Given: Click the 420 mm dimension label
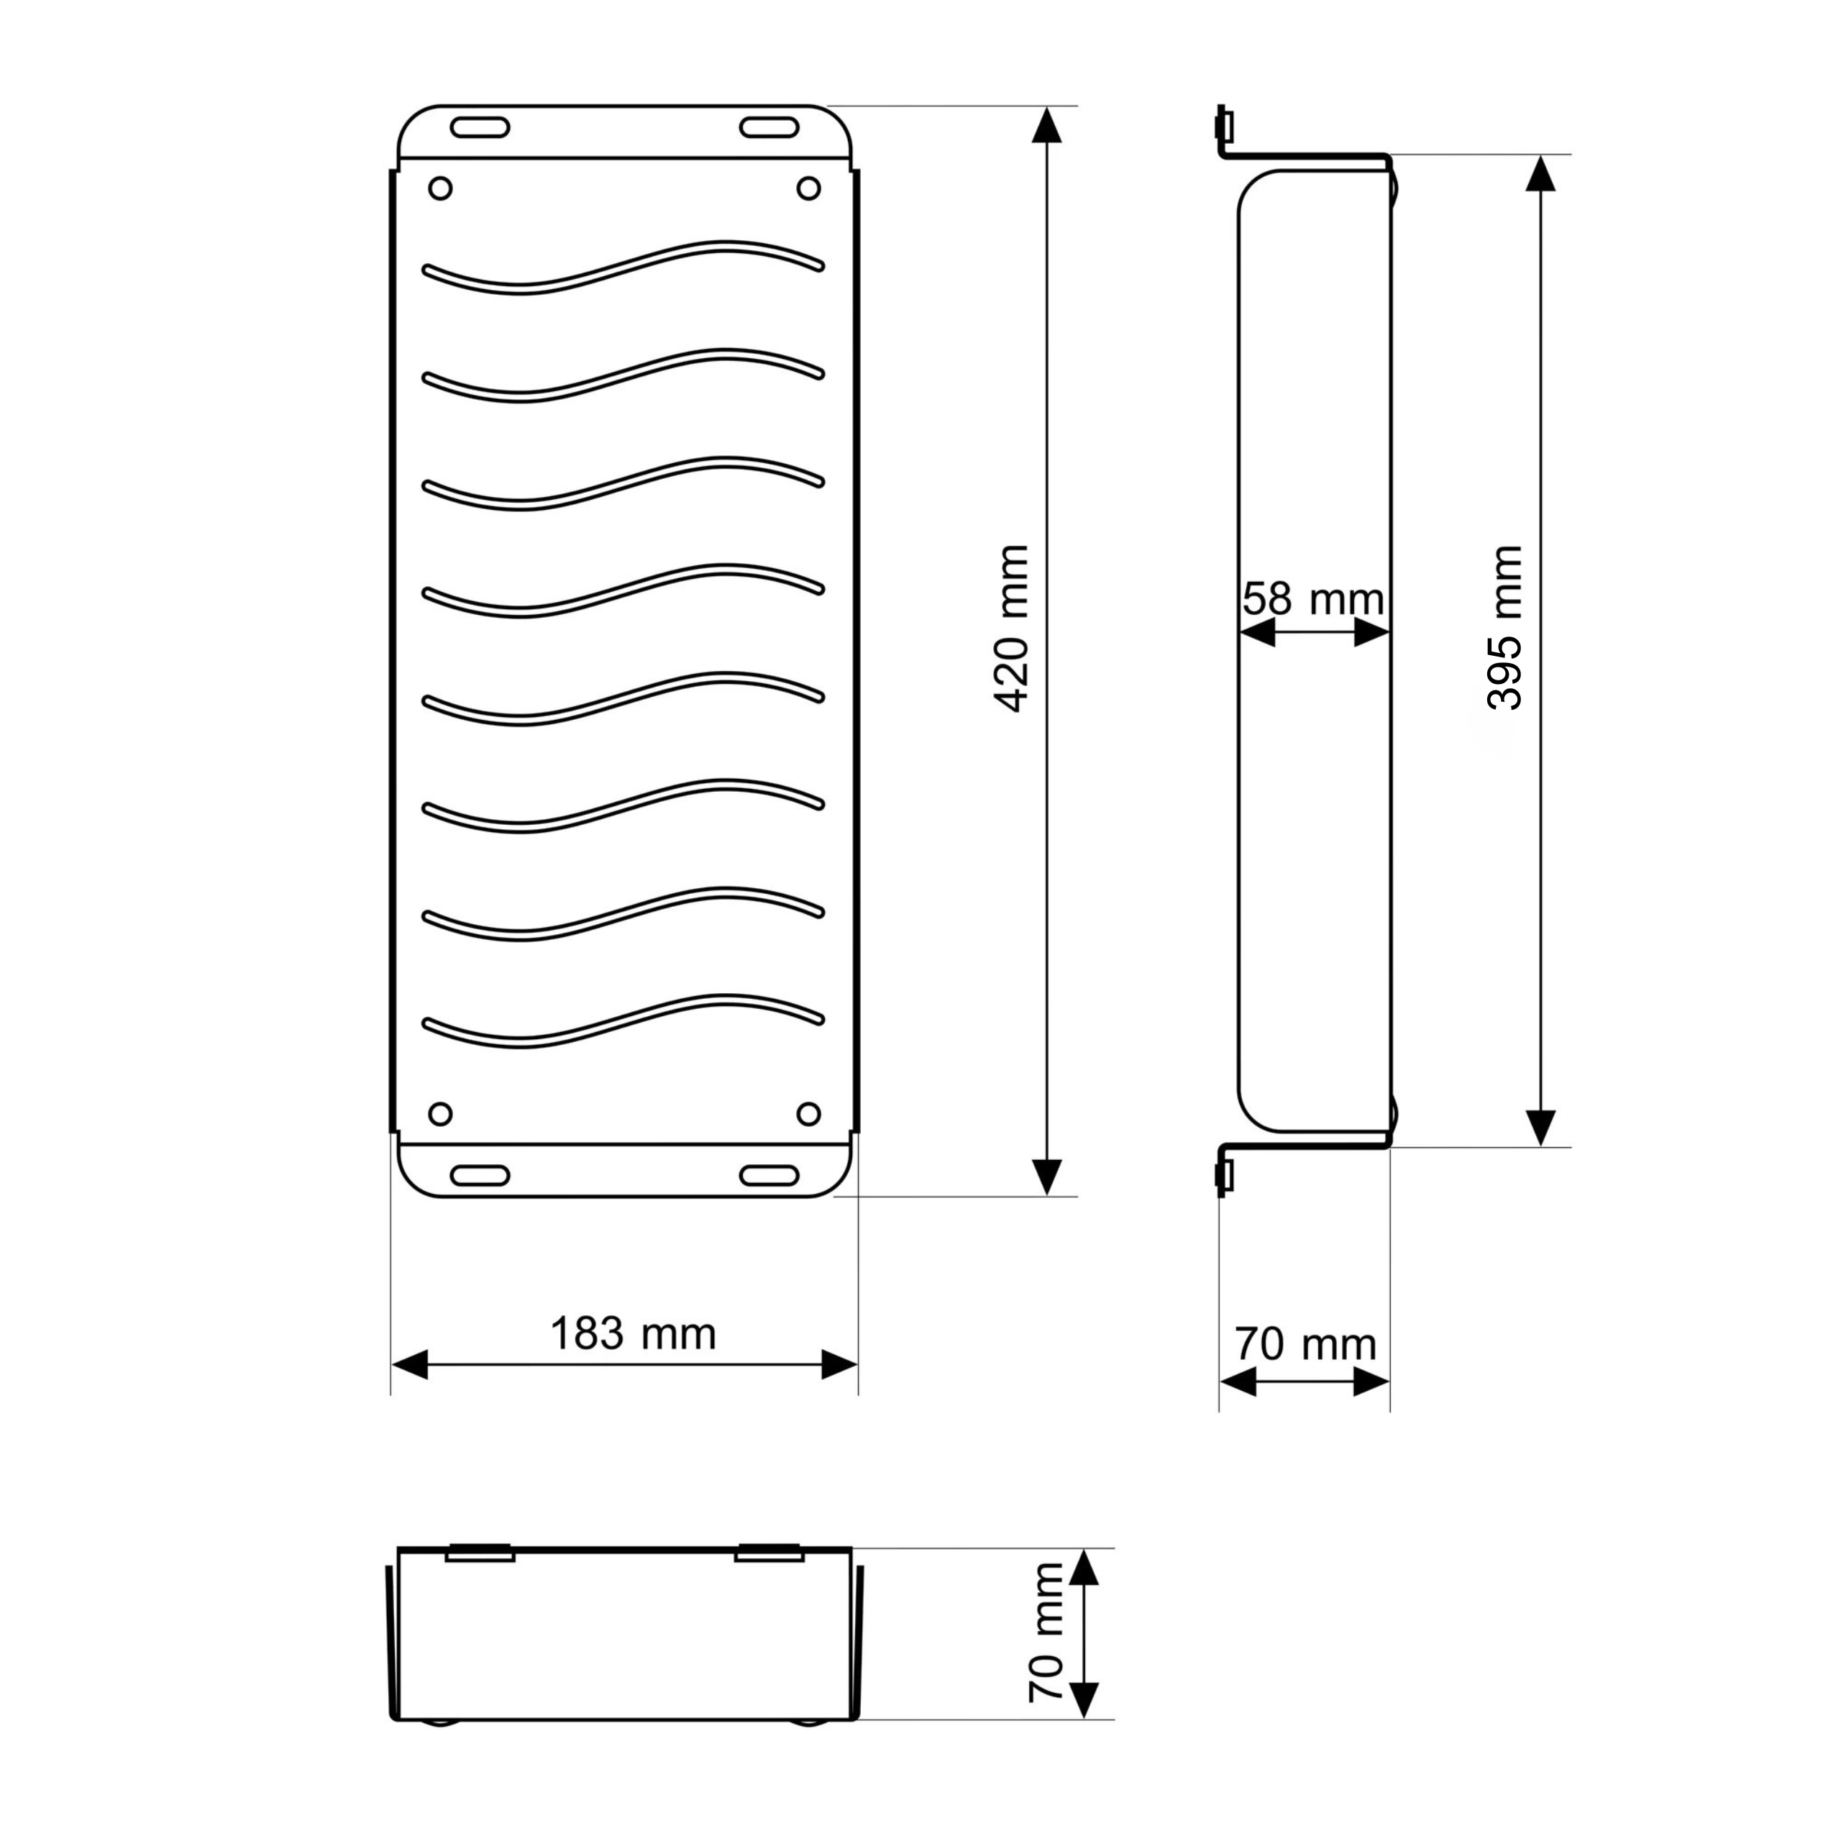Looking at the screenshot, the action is click(x=1011, y=630).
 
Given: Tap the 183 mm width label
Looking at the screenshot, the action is click(x=633, y=1334).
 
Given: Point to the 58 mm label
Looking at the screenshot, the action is click(x=1313, y=599).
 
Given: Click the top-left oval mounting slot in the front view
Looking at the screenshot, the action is click(x=480, y=128).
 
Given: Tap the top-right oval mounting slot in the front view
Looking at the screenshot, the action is click(x=770, y=128).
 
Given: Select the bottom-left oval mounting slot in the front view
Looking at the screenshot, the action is click(x=480, y=1176).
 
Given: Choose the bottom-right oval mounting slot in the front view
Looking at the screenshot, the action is click(x=770, y=1176).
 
